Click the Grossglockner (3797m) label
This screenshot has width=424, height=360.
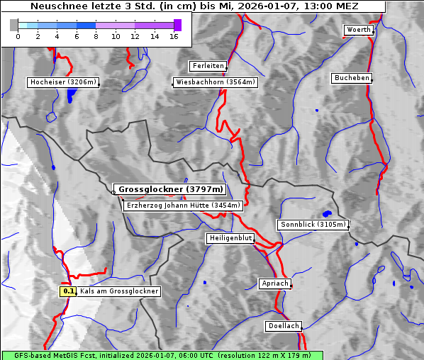170,189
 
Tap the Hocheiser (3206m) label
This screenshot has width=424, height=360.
62,82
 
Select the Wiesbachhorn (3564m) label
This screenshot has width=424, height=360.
216,82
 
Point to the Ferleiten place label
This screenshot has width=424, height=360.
208,66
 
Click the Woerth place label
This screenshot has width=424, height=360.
358,30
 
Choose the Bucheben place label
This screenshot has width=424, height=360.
352,77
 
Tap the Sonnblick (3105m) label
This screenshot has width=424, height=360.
313,225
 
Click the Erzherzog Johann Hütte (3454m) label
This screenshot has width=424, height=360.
183,206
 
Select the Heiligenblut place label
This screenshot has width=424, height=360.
230,238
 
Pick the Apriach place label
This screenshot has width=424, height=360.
275,283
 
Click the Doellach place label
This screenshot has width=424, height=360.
284,326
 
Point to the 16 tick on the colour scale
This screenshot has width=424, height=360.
173,36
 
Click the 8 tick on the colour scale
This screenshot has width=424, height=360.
96,36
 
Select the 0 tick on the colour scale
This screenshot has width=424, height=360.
18,36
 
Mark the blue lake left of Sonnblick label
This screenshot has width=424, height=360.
327,213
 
